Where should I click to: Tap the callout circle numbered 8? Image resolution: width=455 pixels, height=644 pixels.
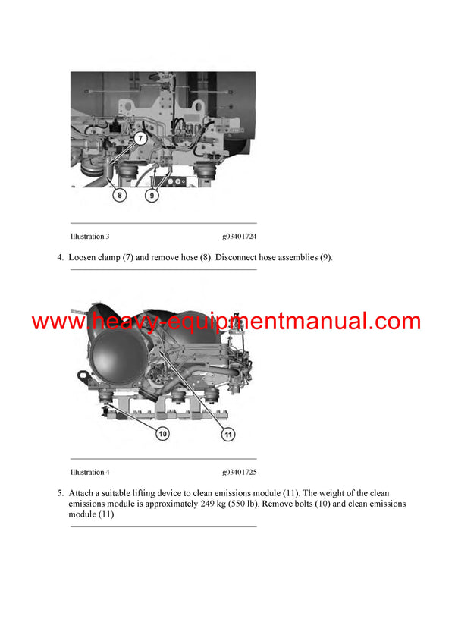click(x=120, y=194)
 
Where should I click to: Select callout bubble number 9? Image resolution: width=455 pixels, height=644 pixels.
click(x=152, y=194)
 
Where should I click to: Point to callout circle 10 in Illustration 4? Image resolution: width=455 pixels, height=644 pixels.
click(x=163, y=433)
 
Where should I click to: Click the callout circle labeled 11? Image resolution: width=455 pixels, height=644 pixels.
click(x=228, y=434)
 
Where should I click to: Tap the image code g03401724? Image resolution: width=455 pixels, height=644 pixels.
click(x=239, y=237)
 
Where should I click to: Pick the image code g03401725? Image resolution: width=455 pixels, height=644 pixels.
click(x=239, y=472)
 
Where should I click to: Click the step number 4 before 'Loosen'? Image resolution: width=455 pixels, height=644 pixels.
click(x=60, y=257)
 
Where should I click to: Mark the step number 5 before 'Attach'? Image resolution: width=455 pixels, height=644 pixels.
click(x=60, y=493)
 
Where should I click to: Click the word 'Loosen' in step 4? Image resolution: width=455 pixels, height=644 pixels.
click(x=83, y=257)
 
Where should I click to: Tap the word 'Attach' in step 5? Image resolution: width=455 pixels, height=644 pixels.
click(x=81, y=493)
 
